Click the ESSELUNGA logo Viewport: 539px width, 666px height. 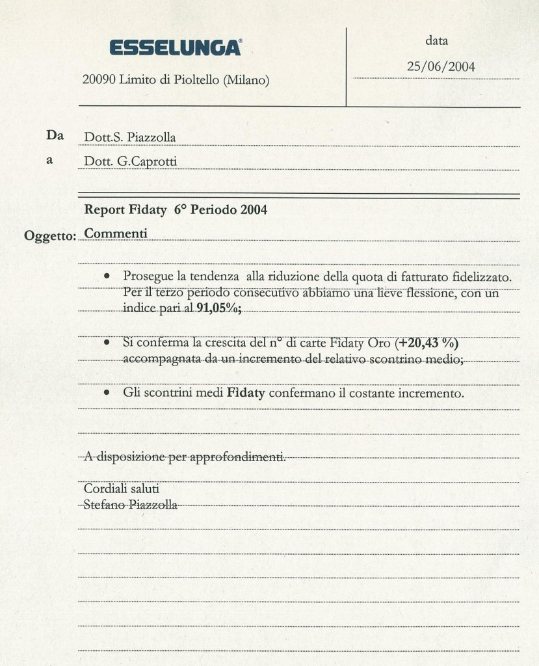click(x=176, y=48)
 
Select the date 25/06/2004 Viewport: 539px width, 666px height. click(x=440, y=66)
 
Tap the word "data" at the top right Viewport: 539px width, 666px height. click(x=437, y=40)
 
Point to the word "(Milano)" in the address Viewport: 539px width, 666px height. click(x=246, y=81)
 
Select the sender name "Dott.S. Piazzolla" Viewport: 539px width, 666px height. click(x=130, y=137)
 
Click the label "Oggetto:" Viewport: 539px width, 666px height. click(x=49, y=235)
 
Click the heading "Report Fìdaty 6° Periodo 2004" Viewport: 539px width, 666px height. click(x=176, y=209)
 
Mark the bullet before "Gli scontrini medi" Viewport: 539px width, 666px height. click(x=107, y=393)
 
